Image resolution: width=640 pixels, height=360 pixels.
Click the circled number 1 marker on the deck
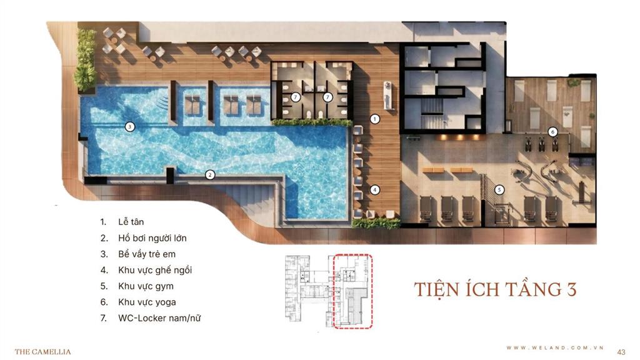375,119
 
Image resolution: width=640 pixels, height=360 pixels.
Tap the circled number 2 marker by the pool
210,175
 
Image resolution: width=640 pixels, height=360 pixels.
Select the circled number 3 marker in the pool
130,126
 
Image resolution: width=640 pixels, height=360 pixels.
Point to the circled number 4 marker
375,189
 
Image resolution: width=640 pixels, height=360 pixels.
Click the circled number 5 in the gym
499,190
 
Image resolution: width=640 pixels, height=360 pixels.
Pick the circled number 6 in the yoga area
552,132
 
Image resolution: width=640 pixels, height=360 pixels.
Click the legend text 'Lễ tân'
131,222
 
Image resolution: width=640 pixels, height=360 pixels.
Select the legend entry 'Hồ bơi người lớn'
152,238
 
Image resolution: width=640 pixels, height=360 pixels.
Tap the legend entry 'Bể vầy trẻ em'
147,254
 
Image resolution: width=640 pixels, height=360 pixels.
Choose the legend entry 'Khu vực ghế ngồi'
155,270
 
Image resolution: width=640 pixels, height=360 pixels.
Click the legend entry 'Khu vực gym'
146,286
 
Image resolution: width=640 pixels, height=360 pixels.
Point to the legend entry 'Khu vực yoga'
147,302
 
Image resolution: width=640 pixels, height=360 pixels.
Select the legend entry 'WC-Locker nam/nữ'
159,318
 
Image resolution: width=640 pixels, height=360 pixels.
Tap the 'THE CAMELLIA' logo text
43,351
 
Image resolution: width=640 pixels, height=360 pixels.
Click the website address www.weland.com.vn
555,347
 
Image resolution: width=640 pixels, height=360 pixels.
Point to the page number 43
621,352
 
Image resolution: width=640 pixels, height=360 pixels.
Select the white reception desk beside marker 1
388,96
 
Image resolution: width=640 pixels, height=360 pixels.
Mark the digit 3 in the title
571,289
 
